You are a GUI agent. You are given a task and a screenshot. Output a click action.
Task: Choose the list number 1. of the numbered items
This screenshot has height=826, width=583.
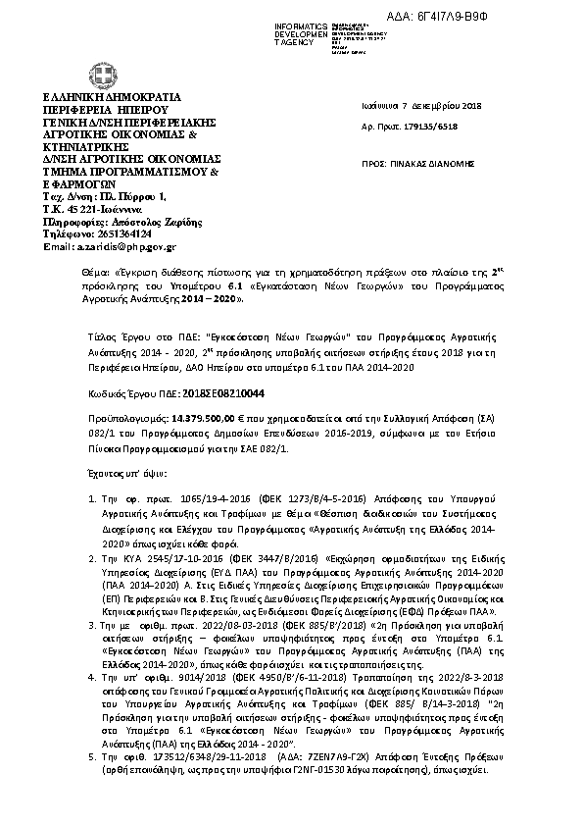[x=91, y=499]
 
